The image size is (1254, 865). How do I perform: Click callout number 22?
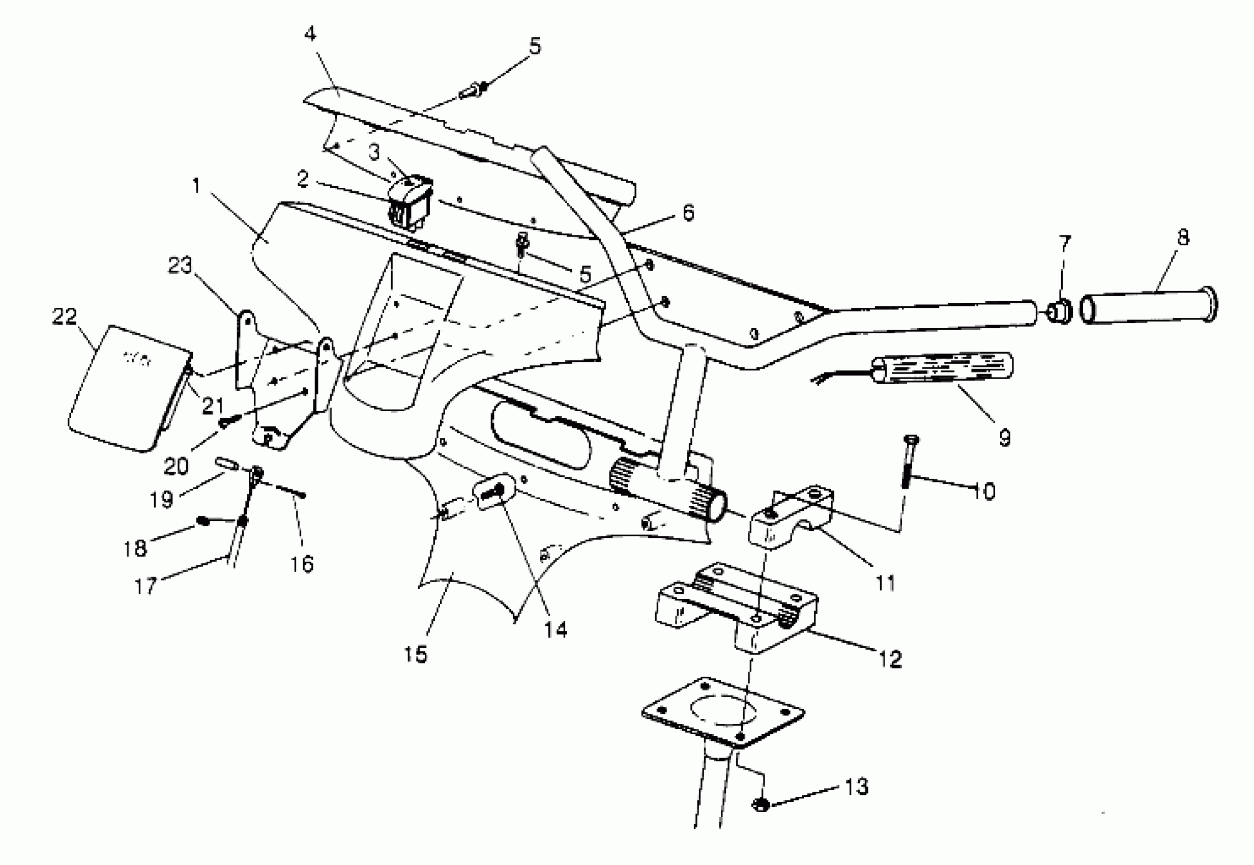pyautogui.click(x=65, y=316)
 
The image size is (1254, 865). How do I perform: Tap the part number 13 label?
pyautogui.click(x=856, y=787)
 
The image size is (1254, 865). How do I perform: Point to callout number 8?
pyautogui.click(x=1183, y=237)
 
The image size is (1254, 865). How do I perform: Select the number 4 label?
pyautogui.click(x=309, y=34)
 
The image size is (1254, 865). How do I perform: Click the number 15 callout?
pyautogui.click(x=415, y=654)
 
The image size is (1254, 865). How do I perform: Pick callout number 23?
pyautogui.click(x=180, y=265)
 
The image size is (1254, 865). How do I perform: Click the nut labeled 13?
pyautogui.click(x=761, y=804)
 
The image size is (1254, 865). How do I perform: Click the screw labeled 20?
pyautogui.click(x=226, y=422)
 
